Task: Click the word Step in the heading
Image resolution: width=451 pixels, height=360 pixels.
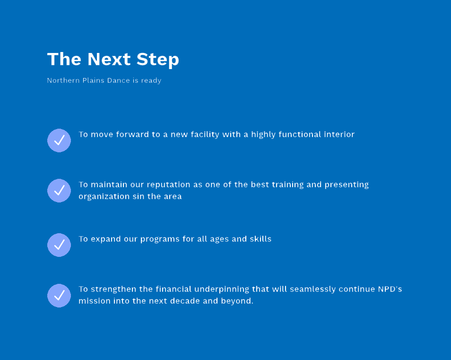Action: point(157,60)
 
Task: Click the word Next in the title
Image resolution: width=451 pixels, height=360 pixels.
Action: point(109,59)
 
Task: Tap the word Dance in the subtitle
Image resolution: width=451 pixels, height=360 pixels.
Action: point(118,80)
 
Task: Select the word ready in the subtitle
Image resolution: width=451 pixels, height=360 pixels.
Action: point(151,80)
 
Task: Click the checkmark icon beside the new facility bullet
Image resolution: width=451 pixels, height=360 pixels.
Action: point(59,140)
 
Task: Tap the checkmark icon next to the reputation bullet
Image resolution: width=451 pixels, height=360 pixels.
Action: point(59,191)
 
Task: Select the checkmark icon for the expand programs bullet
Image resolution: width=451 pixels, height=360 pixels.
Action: point(59,245)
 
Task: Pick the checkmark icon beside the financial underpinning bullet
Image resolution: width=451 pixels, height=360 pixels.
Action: point(59,296)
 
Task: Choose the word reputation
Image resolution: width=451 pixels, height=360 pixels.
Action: point(168,185)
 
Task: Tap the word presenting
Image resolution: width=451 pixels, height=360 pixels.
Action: point(347,185)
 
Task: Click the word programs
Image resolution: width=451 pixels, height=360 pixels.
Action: point(160,239)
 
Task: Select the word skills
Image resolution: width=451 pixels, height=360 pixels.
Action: point(260,239)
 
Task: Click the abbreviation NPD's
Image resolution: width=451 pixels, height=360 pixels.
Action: point(390,289)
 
